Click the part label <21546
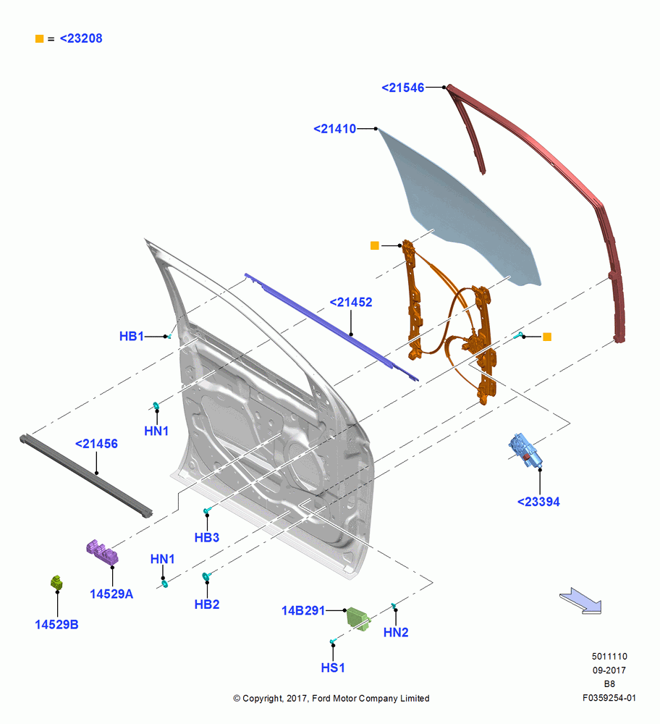pos(402,88)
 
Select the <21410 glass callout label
pos(334,129)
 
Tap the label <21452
pos(351,303)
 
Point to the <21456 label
pos(96,444)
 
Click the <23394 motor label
pos(538,502)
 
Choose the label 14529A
pos(111,594)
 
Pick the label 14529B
pos(56,625)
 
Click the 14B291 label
pos(303,610)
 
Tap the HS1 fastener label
pos(333,668)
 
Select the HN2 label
pos(396,633)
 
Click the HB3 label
pos(207,537)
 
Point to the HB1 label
pos(132,336)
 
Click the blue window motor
pos(525,450)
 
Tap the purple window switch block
pos(102,552)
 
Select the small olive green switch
pos(56,583)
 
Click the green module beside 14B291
pos(358,618)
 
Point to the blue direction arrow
pos(582,601)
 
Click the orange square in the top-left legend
pos(39,39)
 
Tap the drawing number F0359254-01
pos(609,698)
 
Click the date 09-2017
pos(609,670)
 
